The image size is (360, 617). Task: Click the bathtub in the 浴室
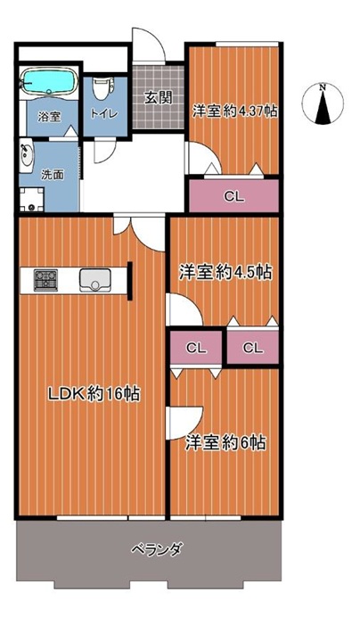tap(48, 82)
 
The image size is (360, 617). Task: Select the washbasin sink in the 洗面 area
tap(27, 156)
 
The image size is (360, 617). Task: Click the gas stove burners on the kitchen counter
tap(45, 280)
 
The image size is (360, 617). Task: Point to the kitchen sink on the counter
tap(94, 280)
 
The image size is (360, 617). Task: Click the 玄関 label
tap(158, 97)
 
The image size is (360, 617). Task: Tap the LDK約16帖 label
tap(94, 393)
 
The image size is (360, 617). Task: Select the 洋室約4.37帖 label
tap(235, 111)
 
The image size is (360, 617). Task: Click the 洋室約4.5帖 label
tap(225, 272)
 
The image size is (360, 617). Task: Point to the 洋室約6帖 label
tap(225, 443)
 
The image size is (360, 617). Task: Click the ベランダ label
tap(156, 548)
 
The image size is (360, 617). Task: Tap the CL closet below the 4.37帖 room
tap(234, 196)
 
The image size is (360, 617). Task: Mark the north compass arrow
tap(323, 107)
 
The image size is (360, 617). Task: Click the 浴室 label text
tap(49, 117)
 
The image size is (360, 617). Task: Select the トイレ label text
tap(104, 114)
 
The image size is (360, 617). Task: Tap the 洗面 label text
tap(53, 175)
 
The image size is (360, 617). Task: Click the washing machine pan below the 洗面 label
tap(32, 200)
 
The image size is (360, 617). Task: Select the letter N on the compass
tap(323, 87)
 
